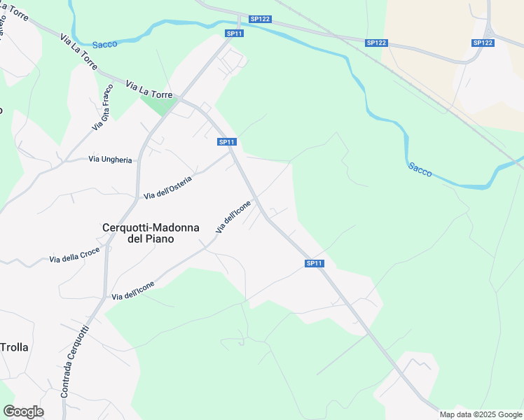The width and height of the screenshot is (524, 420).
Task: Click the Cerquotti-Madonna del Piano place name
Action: pos(151,232)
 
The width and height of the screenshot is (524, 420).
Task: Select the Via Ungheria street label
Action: pos(110,160)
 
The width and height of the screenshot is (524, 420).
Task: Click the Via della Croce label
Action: pos(74,255)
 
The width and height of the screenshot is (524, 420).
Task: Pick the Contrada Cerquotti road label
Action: pos(75,361)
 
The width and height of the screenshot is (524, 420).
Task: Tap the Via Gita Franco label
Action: pos(102,107)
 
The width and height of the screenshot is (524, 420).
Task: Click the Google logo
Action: pos(23,412)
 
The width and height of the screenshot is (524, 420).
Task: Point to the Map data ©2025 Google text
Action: pos(481,414)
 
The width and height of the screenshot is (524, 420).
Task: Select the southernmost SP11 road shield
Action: pos(315,263)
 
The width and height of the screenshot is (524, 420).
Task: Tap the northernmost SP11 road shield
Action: pos(234,34)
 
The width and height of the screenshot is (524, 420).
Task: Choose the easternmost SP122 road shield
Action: pos(483,43)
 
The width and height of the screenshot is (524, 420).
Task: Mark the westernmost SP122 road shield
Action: pos(260,20)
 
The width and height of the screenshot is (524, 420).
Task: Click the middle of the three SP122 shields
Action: pos(376,43)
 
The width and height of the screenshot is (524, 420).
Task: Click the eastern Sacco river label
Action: pos(420,169)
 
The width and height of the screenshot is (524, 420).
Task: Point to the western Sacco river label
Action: pos(104,44)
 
